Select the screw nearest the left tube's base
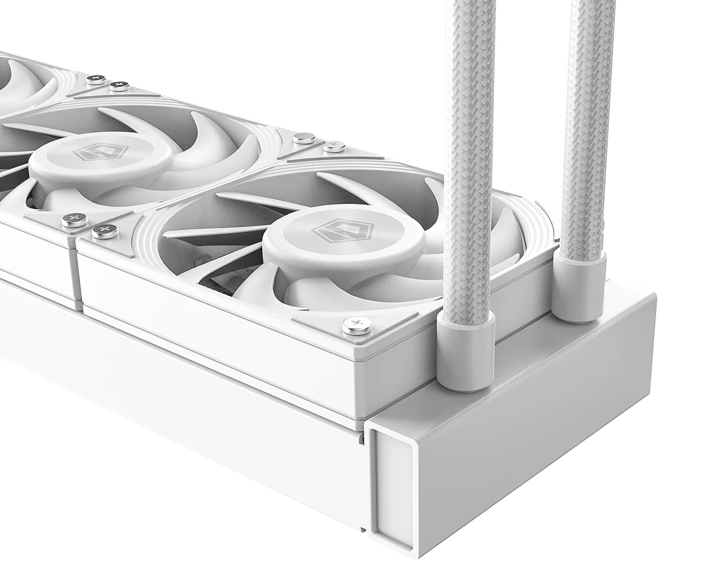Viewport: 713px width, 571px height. (357, 325)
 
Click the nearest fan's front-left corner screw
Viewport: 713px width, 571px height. (105, 231)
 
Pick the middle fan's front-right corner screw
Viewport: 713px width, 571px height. (74, 220)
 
